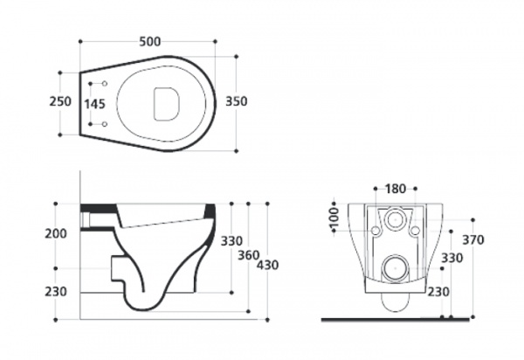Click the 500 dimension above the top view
coord(150,42)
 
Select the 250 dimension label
coord(60,101)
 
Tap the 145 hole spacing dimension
coord(94,104)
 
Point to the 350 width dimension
coord(237,101)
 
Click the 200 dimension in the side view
coord(56,233)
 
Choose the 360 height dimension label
coord(249,256)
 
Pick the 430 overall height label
coord(268,265)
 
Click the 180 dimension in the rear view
coord(396,190)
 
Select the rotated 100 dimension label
coord(334,218)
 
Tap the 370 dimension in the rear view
coord(473,240)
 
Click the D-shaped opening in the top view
coord(166,104)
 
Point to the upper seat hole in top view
coord(105,84)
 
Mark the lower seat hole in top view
coord(105,124)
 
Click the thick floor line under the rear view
coord(396,320)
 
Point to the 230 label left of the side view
coord(56,292)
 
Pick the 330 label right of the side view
coord(231,241)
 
